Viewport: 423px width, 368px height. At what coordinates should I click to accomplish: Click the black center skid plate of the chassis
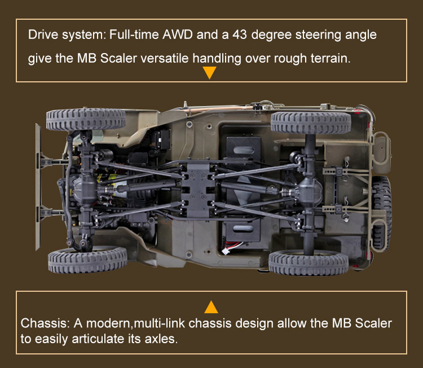point(198,186)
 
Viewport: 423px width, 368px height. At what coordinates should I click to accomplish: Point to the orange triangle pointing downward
point(209,73)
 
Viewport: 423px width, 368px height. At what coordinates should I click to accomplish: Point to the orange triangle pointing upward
point(211,307)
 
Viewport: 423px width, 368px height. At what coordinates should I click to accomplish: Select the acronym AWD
point(178,35)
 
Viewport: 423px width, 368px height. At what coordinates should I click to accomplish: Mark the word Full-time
point(130,35)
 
